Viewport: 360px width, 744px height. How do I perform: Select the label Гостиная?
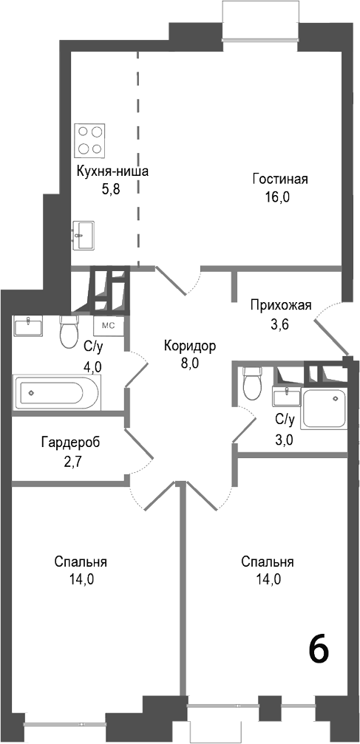(279, 180)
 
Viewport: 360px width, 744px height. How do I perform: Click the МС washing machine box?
(108, 325)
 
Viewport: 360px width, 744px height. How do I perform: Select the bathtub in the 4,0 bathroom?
(56, 391)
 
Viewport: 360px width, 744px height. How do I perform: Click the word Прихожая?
(281, 306)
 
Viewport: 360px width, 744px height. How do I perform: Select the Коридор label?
(190, 345)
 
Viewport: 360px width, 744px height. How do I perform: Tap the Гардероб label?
(70, 443)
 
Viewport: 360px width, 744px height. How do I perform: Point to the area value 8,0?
(190, 362)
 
